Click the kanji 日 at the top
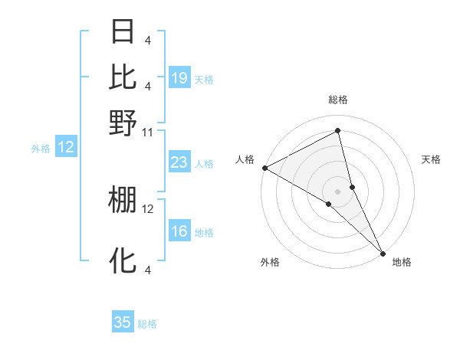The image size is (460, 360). (x=123, y=32)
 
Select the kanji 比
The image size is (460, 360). (x=123, y=77)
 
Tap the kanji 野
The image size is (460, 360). (x=123, y=121)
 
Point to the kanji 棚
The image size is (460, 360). (x=123, y=199)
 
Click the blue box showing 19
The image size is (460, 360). (x=179, y=77)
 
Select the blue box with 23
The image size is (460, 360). (x=179, y=162)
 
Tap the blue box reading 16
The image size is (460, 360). (x=179, y=232)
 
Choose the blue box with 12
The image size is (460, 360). (x=66, y=148)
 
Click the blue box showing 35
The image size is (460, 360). (x=123, y=322)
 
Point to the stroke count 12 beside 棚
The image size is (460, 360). (x=148, y=208)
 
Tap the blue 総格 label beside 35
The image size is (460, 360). (x=147, y=324)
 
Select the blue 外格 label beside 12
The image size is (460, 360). (x=41, y=149)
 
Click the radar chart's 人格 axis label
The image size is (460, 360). (x=245, y=159)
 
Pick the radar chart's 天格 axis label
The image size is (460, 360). (x=431, y=159)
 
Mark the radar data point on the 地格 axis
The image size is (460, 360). (x=383, y=252)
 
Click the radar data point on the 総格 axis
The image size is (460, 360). (x=338, y=131)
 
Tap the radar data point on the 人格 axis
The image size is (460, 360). (x=264, y=167)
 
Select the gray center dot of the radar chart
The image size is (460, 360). (x=338, y=191)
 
